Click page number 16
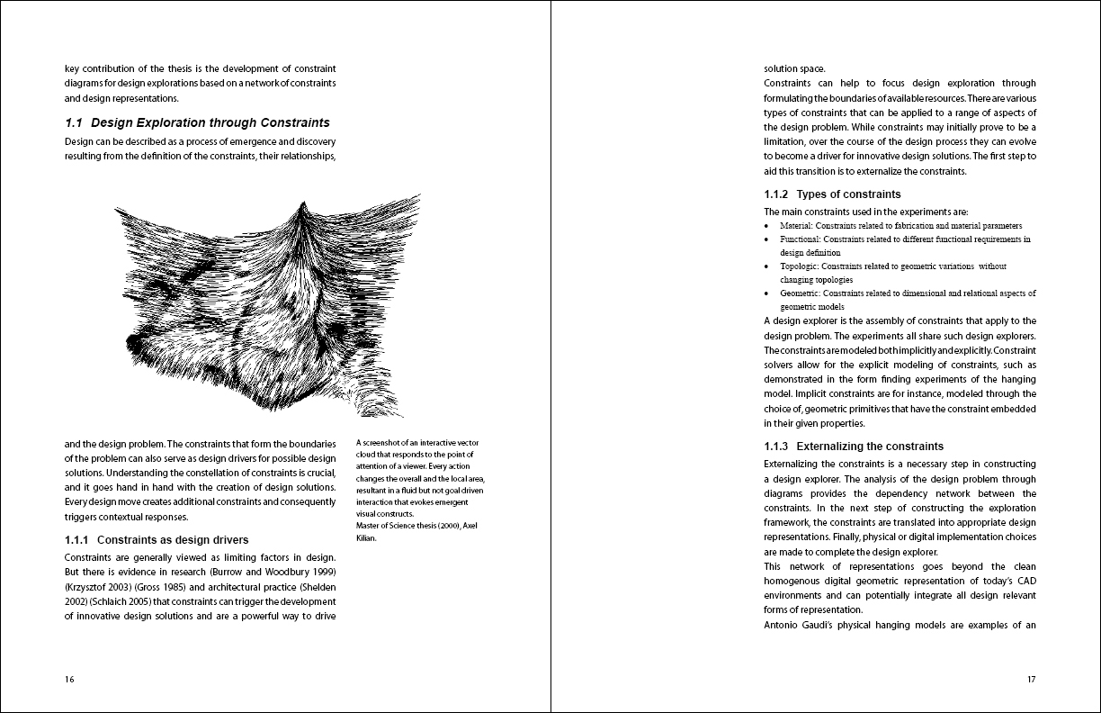[69, 680]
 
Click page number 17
[1031, 680]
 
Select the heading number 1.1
[74, 122]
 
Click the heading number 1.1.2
[776, 194]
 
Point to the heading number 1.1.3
[776, 447]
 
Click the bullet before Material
[766, 226]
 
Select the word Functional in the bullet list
[800, 239]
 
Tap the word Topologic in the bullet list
[799, 266]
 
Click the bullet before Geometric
[766, 293]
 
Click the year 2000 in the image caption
[443, 526]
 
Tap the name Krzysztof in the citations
[88, 586]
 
